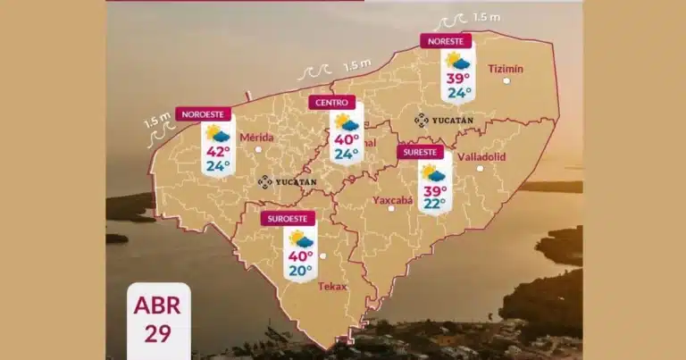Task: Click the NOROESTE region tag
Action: [x=204, y=113]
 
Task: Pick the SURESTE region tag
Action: [x=420, y=152]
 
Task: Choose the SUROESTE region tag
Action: [x=289, y=218]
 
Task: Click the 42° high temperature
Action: [x=218, y=151]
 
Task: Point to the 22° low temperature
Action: [x=434, y=204]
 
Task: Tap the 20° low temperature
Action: [x=300, y=270]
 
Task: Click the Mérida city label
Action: [x=257, y=137]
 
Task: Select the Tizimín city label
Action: [x=506, y=68]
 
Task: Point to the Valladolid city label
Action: [x=481, y=156]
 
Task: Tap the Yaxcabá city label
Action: [x=392, y=199]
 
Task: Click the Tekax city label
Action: [x=332, y=286]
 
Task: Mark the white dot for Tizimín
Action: [x=506, y=81]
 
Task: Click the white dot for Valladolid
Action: [x=480, y=168]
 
